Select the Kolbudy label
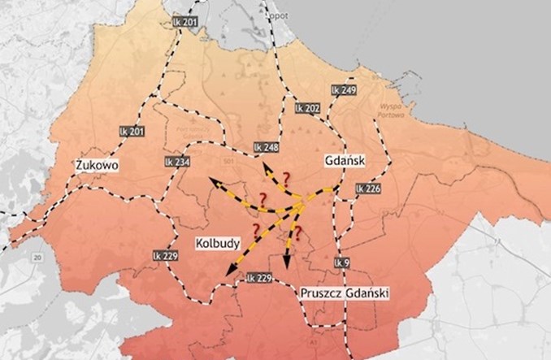click(x=216, y=243)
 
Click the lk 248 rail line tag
click(x=267, y=147)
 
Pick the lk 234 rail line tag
click(x=177, y=162)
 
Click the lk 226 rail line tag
click(x=368, y=189)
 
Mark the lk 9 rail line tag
click(x=341, y=262)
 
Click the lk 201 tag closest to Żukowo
click(x=131, y=131)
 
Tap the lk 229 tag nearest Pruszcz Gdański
click(x=259, y=278)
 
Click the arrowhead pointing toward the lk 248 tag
click(x=266, y=166)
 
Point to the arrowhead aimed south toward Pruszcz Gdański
click(x=287, y=266)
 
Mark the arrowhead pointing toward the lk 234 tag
click(x=213, y=180)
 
